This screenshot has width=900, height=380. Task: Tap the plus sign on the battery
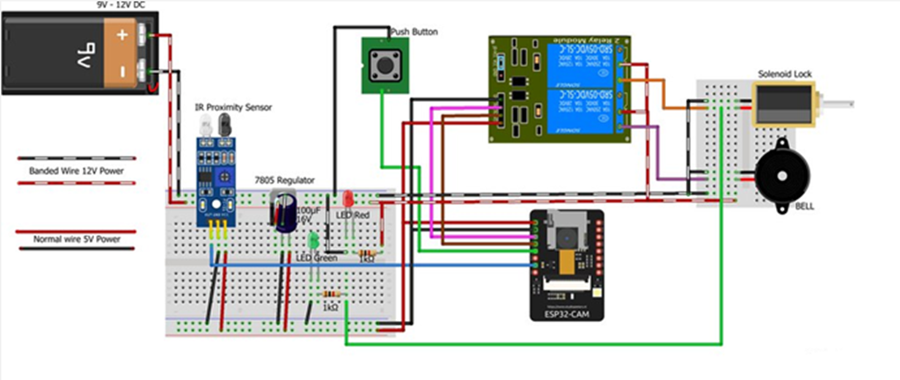tap(122, 36)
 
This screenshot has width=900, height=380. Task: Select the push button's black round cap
tap(384, 62)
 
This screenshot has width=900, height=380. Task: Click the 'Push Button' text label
tap(413, 32)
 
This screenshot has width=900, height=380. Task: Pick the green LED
tap(313, 238)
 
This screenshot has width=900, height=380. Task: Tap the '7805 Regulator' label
tap(284, 179)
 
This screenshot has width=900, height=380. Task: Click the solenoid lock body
tap(786, 105)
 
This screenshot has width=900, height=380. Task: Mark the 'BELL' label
tap(804, 207)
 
